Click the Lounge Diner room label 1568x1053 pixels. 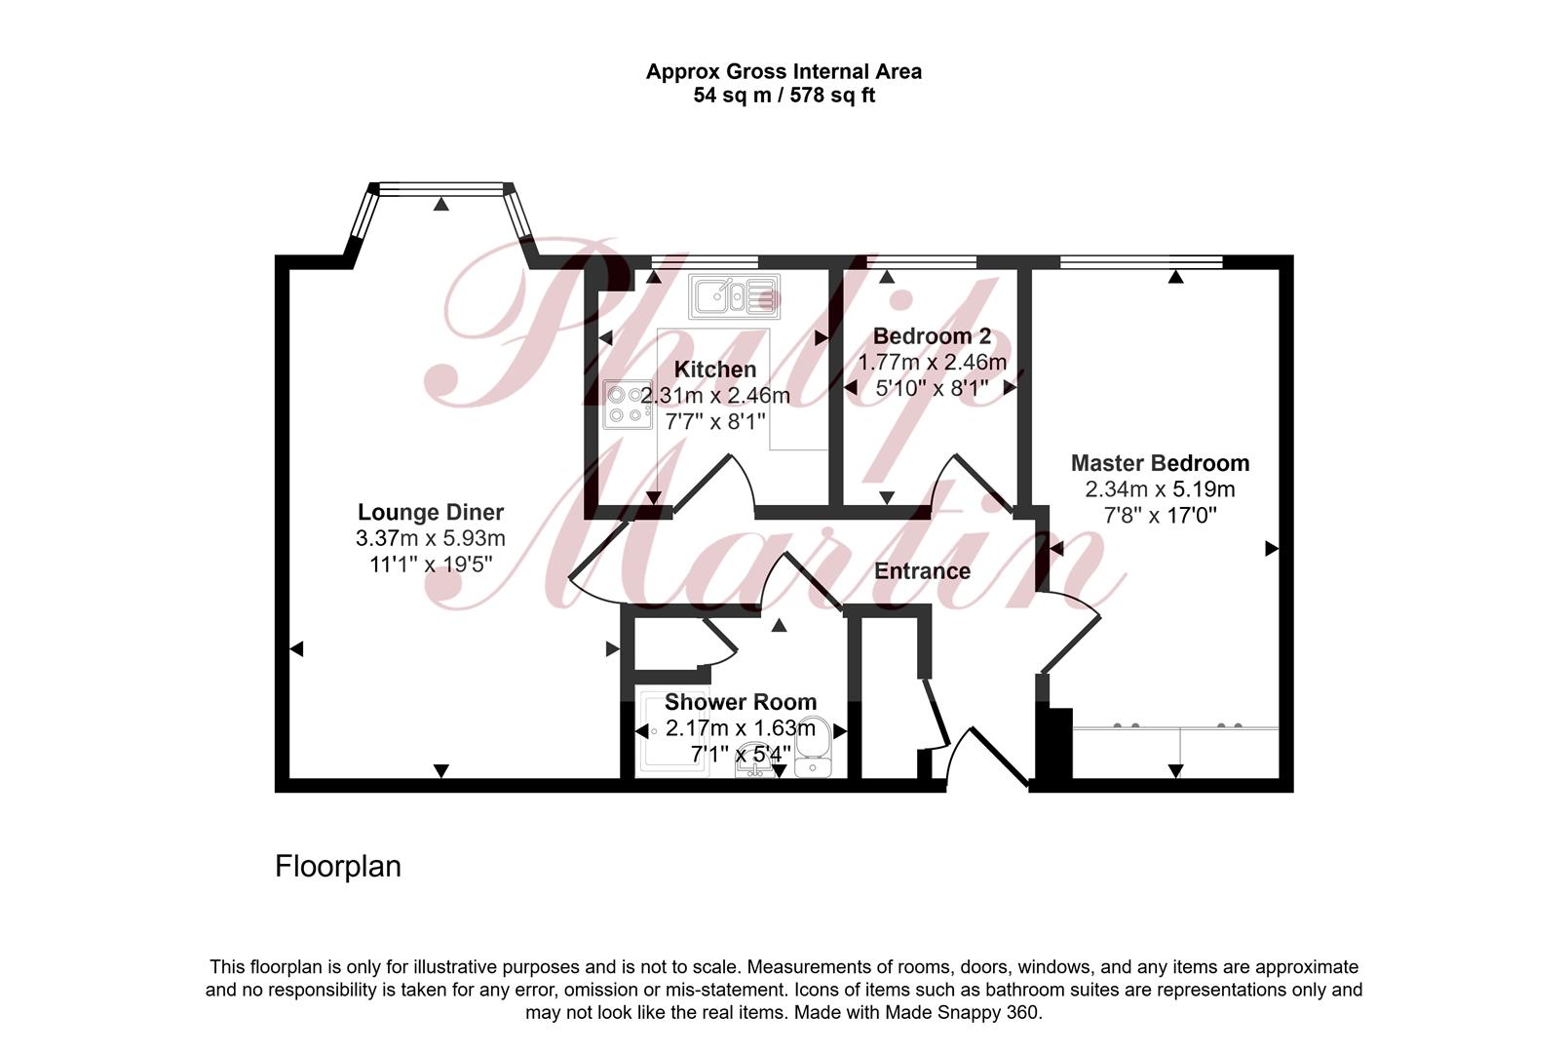click(431, 513)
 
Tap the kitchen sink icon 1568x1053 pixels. click(735, 296)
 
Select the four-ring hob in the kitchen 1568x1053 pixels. click(628, 405)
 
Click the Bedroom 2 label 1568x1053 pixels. click(932, 336)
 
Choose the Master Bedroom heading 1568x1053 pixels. click(1160, 463)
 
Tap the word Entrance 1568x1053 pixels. click(922, 571)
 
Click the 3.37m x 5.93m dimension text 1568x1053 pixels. click(431, 538)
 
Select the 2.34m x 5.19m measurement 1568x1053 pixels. click(1160, 489)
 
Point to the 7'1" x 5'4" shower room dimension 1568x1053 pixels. click(741, 755)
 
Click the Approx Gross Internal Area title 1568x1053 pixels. click(784, 71)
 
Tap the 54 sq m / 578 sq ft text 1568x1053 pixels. click(784, 96)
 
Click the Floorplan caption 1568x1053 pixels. click(338, 867)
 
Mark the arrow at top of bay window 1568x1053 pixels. click(441, 204)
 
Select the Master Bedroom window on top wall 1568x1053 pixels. click(1142, 262)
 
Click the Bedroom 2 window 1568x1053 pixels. click(921, 262)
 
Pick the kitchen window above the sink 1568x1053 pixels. click(705, 262)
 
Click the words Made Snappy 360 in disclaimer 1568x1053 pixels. click(963, 1012)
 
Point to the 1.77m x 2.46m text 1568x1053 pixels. click(933, 363)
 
